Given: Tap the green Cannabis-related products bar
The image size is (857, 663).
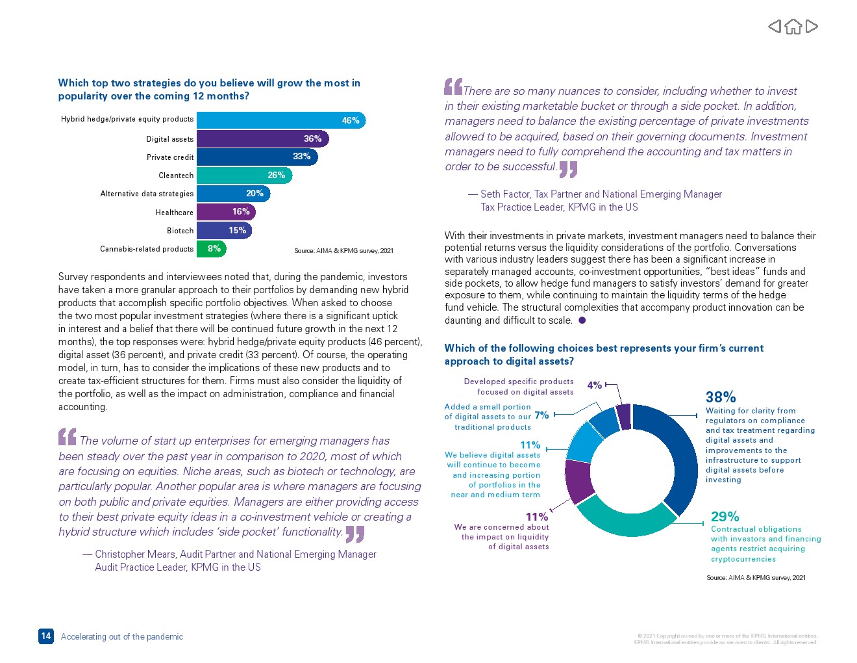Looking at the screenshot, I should click(211, 248).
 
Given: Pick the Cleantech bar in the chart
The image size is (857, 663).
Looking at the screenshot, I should click(244, 175).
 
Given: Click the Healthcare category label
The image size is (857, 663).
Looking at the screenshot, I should click(174, 213).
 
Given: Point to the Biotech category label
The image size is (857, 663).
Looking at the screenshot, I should click(180, 231).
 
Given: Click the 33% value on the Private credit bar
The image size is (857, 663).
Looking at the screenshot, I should click(301, 157).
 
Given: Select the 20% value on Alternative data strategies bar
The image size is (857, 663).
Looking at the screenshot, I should click(255, 194).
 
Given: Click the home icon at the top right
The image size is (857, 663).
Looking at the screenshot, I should click(793, 27).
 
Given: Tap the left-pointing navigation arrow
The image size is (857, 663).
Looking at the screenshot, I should click(775, 26).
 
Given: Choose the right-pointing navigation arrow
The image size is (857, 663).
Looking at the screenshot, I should click(812, 26).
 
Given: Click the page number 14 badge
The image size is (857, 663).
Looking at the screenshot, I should click(45, 636).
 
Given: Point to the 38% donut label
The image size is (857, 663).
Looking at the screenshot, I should click(721, 397).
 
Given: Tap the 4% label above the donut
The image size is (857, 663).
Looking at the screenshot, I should click(594, 385).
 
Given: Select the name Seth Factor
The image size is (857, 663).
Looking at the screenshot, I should click(505, 194).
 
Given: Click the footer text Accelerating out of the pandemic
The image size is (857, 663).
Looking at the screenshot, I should click(122, 637).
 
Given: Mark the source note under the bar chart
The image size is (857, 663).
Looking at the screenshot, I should click(343, 251).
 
